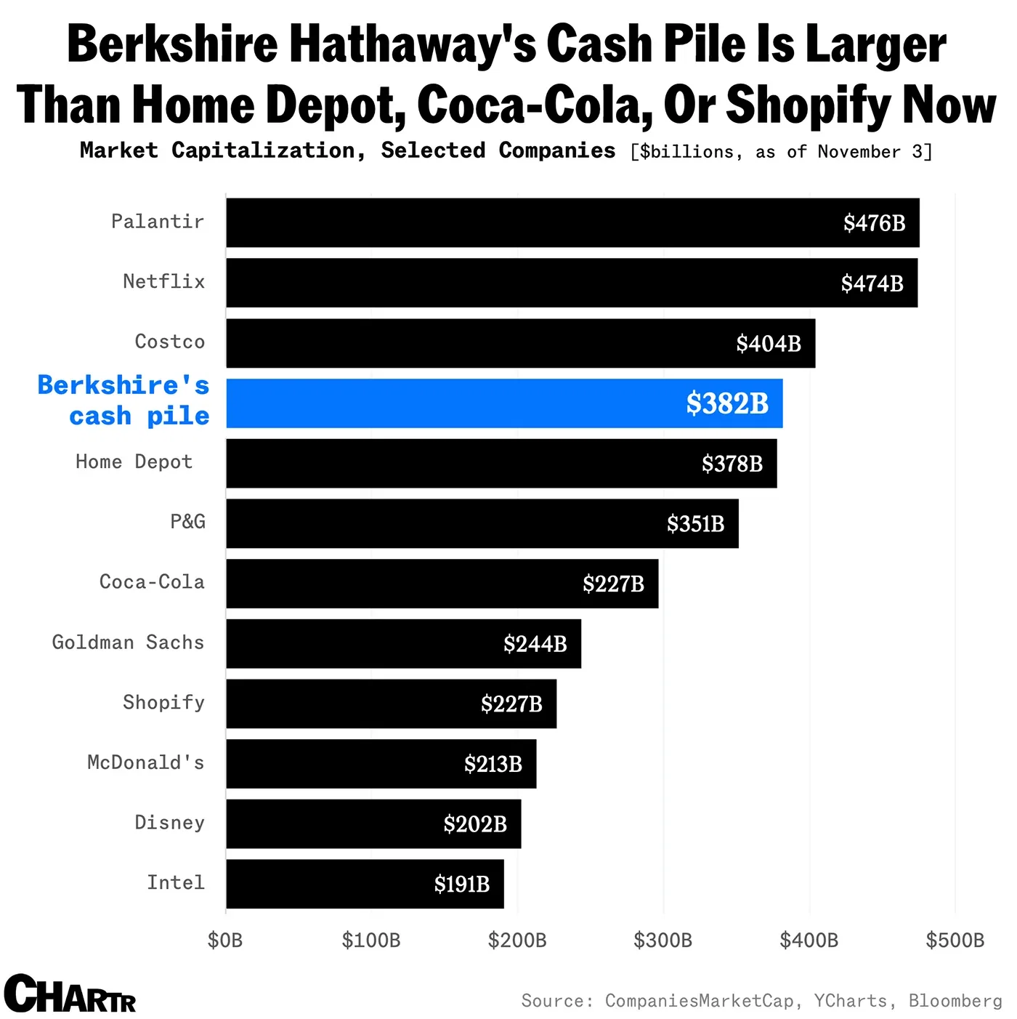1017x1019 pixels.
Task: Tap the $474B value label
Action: click(872, 283)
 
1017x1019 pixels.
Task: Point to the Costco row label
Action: click(170, 342)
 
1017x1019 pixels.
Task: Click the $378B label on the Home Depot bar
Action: click(732, 464)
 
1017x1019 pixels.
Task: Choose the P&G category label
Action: click(187, 522)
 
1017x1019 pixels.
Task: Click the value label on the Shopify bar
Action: click(511, 704)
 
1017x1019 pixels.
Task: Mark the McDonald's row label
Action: click(145, 762)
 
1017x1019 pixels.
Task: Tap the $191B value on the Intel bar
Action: click(462, 885)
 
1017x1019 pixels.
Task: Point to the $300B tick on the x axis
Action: click(663, 941)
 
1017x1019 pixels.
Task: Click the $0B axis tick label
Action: click(225, 941)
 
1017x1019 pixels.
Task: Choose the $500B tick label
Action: click(955, 941)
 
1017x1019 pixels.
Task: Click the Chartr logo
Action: click(70, 994)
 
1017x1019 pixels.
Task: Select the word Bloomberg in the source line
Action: click(955, 1001)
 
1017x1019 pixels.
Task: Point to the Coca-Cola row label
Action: click(152, 582)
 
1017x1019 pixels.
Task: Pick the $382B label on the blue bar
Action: click(727, 403)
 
